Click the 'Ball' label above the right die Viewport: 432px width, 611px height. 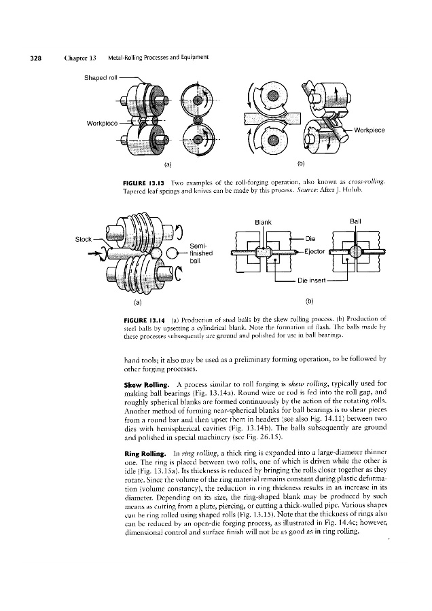pos(355,221)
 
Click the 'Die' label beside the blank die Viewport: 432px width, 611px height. pos(309,238)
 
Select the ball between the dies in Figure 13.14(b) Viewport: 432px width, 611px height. pos(355,252)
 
